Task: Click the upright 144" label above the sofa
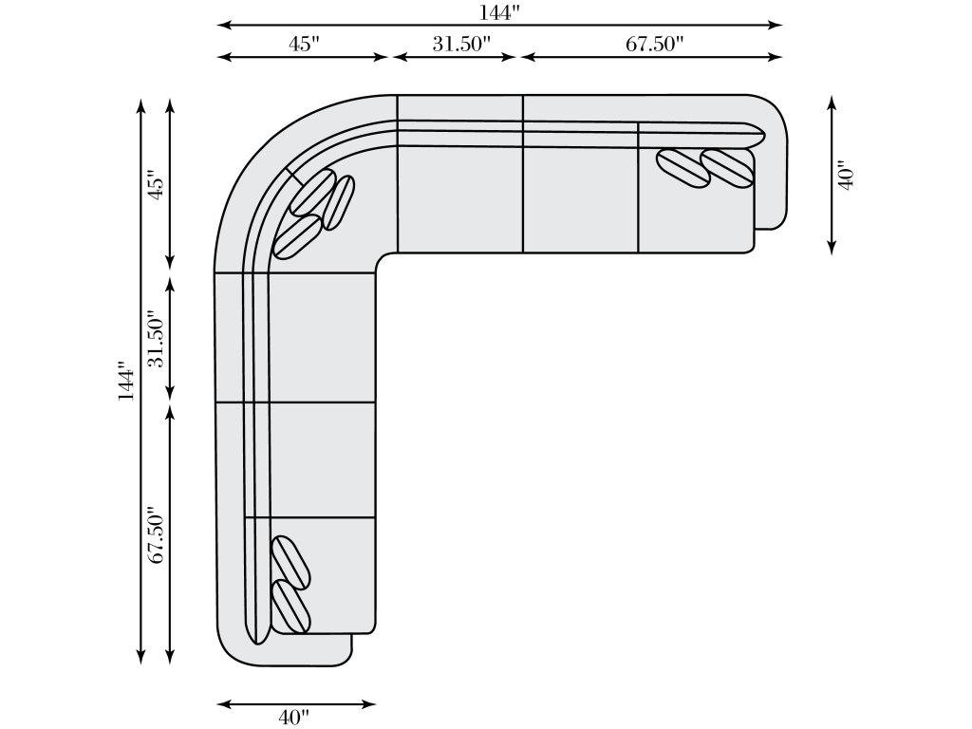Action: point(500,11)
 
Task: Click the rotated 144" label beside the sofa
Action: point(126,379)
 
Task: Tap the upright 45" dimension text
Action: point(303,45)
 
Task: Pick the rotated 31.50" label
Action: point(157,339)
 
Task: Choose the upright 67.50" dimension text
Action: point(655,45)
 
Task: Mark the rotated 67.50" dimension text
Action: point(157,534)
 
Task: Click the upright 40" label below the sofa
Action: point(296,718)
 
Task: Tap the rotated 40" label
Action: point(847,178)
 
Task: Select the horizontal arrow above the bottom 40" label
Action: point(296,703)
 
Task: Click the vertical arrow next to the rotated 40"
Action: point(832,178)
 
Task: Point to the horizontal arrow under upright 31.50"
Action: point(455,57)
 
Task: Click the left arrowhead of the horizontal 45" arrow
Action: point(223,57)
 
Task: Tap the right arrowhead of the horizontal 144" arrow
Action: point(776,25)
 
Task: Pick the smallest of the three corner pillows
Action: point(340,202)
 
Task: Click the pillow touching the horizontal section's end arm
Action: point(728,167)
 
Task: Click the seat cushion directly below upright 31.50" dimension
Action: point(459,199)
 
